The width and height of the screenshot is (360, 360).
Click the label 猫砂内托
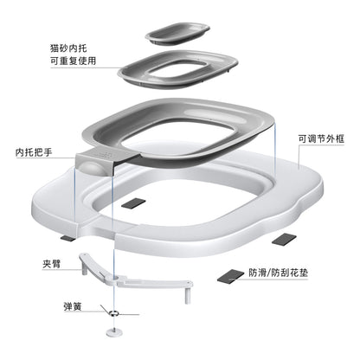point(68,48)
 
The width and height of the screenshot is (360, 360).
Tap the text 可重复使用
point(74,61)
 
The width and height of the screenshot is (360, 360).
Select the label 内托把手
point(34,151)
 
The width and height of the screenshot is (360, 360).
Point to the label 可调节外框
point(321,138)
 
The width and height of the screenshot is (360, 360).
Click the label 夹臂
point(52,263)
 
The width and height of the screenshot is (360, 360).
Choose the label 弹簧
point(73,306)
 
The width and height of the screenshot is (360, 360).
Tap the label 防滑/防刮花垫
point(279,273)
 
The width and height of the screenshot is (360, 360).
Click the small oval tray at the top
point(177,33)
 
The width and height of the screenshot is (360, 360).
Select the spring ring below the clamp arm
point(114,312)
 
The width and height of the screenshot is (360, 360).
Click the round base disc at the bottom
point(114,332)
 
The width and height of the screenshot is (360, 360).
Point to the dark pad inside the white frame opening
point(133,203)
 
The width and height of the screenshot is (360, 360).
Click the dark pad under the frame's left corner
point(67,238)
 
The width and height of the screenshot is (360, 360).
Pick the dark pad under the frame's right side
point(284,240)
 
